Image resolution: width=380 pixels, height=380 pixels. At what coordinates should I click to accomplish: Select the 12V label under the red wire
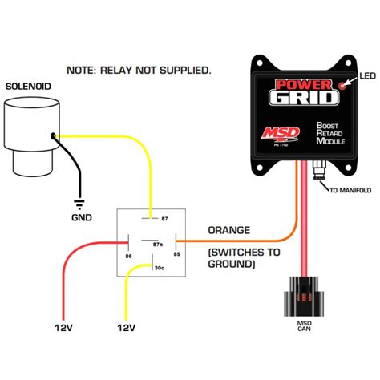[x=64, y=329]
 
